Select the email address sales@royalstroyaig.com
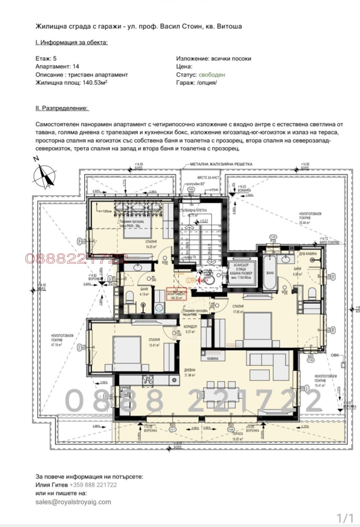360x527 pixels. tap(73, 502)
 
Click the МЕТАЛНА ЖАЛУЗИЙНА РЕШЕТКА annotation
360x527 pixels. tap(221, 165)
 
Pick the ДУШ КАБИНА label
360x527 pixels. tap(307, 254)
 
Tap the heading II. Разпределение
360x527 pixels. tap(62, 108)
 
